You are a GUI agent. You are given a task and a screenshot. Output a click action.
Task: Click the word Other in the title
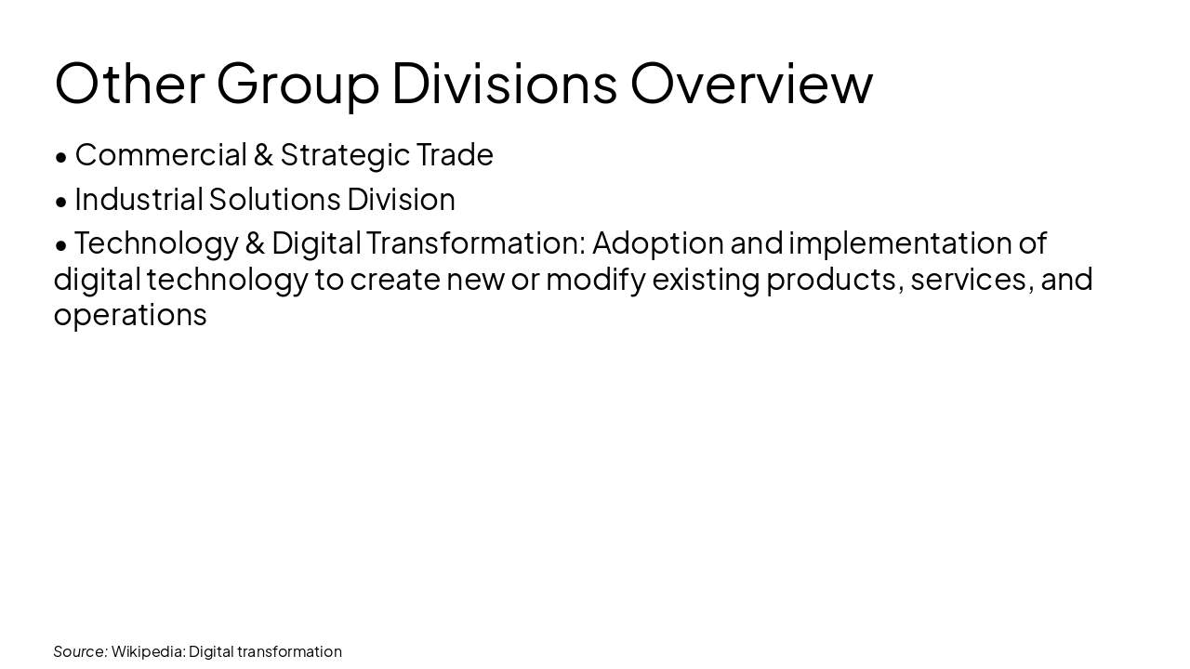coord(129,83)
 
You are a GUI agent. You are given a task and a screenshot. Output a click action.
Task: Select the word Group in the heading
coord(297,83)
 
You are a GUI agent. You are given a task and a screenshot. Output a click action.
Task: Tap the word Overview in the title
coord(751,83)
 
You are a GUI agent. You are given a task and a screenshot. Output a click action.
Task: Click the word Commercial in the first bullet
coord(161,154)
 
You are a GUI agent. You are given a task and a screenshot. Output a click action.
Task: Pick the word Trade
coord(455,154)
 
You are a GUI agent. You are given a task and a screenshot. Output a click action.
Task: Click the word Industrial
coord(139,199)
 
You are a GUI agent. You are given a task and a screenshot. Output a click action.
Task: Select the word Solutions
coord(275,199)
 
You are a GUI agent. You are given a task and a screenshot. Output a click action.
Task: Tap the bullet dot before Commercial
coord(61,157)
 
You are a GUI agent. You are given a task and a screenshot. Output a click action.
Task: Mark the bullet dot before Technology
coord(61,245)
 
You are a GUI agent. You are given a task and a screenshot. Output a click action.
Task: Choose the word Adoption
coord(658,243)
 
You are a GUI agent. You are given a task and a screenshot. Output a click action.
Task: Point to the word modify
coord(595,279)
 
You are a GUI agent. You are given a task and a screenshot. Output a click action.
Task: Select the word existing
coord(706,279)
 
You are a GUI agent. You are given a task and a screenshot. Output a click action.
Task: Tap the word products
coord(834,279)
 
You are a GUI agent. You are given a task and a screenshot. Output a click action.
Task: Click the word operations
coord(130,315)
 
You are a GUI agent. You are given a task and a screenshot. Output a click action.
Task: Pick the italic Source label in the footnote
coord(80,651)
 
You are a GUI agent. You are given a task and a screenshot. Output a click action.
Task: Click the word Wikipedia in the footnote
coord(148,651)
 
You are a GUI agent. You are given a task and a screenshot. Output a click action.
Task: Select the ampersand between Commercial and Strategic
coord(263,154)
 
